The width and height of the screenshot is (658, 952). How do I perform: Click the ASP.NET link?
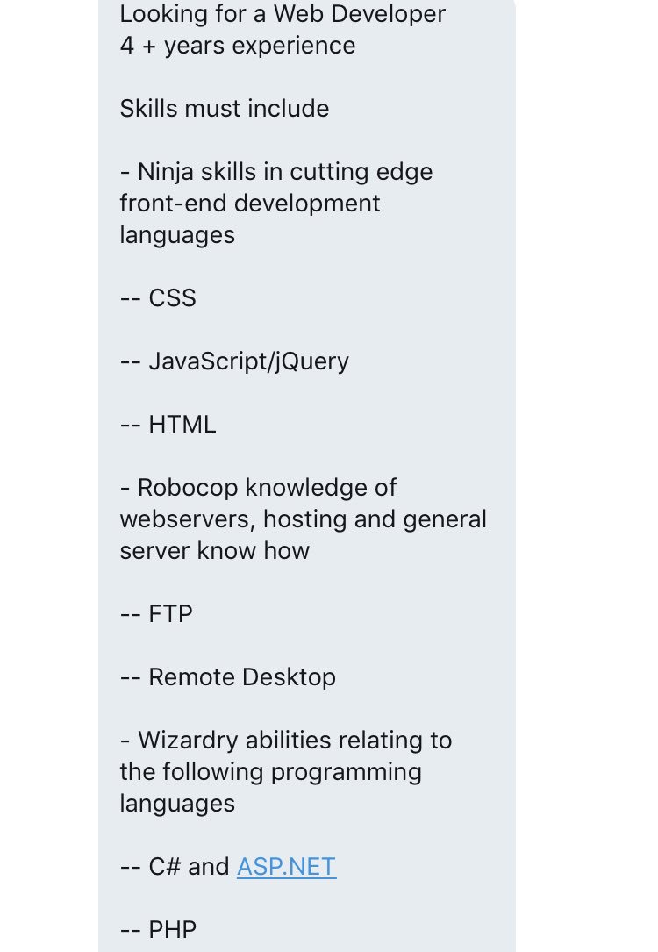click(286, 867)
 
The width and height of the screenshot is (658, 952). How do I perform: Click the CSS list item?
click(172, 298)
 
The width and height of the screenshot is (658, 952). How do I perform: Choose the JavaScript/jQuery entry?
click(248, 361)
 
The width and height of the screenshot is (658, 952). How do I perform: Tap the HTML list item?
click(182, 425)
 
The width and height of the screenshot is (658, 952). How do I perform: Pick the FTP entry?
click(170, 614)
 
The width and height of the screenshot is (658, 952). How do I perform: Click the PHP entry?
click(172, 930)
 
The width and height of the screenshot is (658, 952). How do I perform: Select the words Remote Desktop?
click(242, 677)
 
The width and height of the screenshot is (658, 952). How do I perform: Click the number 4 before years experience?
click(127, 46)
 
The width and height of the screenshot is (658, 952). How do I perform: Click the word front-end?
click(158, 204)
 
